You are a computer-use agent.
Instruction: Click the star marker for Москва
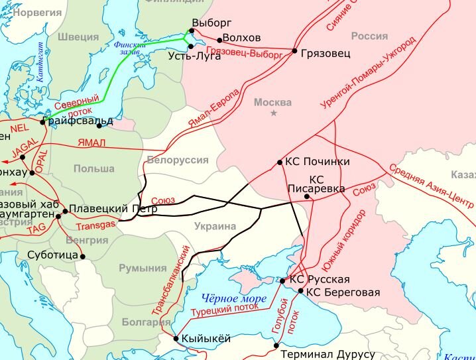click(x=273, y=114)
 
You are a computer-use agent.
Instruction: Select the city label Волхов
click(x=242, y=38)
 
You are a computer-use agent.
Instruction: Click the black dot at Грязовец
click(x=294, y=50)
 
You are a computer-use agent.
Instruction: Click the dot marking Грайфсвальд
click(x=42, y=121)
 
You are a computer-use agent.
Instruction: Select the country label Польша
click(x=93, y=169)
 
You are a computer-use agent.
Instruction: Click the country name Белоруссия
click(x=178, y=160)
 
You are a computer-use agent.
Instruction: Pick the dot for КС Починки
click(x=279, y=162)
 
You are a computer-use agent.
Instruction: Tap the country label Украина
click(x=215, y=226)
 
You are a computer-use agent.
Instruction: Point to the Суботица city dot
click(x=83, y=255)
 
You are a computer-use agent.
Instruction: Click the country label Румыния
click(x=143, y=268)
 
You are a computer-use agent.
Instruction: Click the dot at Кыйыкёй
click(x=176, y=339)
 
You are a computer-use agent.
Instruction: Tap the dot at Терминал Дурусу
click(x=276, y=345)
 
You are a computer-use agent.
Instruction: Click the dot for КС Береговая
click(x=300, y=291)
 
